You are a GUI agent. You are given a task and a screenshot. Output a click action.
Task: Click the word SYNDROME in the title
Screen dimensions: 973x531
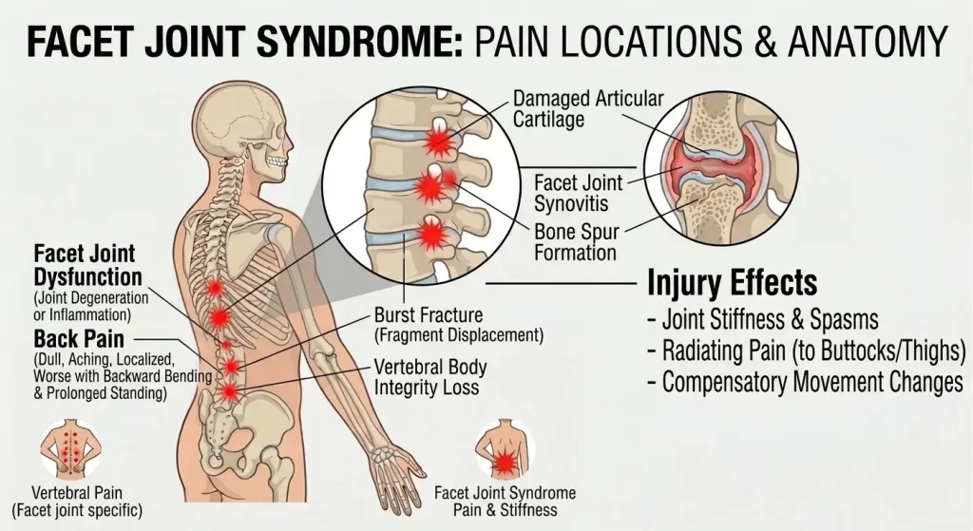pos(359,41)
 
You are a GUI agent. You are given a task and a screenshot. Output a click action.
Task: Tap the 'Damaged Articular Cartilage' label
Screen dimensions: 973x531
pos(588,108)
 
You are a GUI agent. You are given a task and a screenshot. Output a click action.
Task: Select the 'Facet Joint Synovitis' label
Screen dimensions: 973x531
pos(579,193)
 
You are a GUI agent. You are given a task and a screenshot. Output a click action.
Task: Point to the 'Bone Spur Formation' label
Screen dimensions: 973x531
pos(577,242)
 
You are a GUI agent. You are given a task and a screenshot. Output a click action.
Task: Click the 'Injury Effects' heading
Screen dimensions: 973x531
pos(733,283)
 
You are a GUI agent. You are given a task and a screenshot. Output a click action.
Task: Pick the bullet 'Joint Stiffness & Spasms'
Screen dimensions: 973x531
pos(763,319)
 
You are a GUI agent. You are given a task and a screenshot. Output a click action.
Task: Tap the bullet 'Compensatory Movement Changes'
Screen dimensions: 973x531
pos(805,382)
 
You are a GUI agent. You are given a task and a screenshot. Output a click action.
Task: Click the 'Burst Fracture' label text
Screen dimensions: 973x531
pos(429,315)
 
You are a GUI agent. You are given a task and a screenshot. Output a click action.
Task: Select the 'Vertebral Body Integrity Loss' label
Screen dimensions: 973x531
pos(430,377)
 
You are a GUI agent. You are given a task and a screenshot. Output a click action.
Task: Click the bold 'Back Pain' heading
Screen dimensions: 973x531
pos(79,339)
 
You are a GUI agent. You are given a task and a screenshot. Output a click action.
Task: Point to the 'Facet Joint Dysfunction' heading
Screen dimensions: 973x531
pos(87,265)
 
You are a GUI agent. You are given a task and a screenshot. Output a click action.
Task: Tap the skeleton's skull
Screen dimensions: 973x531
pos(242,124)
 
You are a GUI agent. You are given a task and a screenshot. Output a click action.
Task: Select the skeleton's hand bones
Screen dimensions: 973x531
pos(396,475)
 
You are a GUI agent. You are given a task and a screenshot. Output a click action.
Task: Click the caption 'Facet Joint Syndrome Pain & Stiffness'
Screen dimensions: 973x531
pos(506,502)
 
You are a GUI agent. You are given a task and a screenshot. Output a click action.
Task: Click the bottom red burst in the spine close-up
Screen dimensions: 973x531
pos(432,236)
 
